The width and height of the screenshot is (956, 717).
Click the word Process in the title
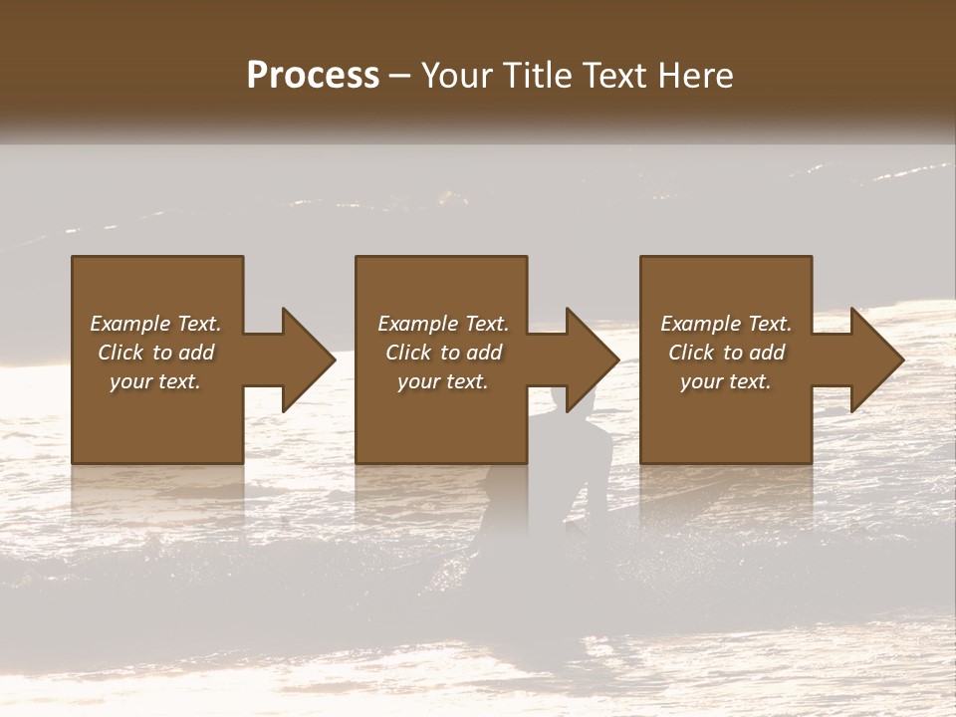pyautogui.click(x=313, y=76)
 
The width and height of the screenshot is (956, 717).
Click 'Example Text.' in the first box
pyautogui.click(x=155, y=324)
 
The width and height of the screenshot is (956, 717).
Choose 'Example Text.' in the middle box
pyautogui.click(x=443, y=324)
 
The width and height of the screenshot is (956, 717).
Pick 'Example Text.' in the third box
pyautogui.click(x=726, y=324)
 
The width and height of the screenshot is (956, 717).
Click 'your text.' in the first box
pyautogui.click(x=155, y=381)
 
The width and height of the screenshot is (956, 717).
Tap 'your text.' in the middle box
pyautogui.click(x=443, y=381)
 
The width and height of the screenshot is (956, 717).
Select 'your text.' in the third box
pyautogui.click(x=726, y=381)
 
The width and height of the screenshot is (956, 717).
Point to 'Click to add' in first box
pyautogui.click(x=155, y=353)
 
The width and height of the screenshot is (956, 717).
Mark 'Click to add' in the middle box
pyautogui.click(x=443, y=353)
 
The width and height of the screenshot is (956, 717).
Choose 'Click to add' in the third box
pyautogui.click(x=726, y=353)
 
